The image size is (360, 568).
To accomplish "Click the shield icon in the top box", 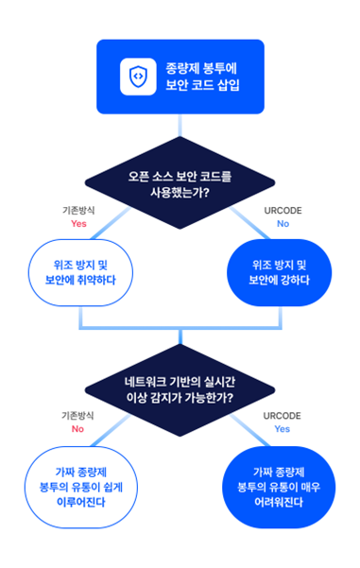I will coord(137,77).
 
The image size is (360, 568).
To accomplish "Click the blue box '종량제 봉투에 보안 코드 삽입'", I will coord(180,77).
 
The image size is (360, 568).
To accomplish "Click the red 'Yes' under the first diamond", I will coord(78,224).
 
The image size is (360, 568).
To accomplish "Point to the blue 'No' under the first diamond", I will coord(283,224).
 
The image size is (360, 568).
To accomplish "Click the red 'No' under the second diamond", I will coord(78,429).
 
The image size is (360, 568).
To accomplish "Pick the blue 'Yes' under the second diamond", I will coord(283,429).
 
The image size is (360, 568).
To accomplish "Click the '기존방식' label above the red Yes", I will coord(78,210).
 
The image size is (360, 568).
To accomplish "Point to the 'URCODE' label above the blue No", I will coord(283,210).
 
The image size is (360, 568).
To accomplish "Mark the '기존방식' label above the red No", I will coord(78,416).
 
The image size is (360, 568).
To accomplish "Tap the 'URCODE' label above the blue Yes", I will coord(283,416).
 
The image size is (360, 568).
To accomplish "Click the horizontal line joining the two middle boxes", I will coord(180,328).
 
